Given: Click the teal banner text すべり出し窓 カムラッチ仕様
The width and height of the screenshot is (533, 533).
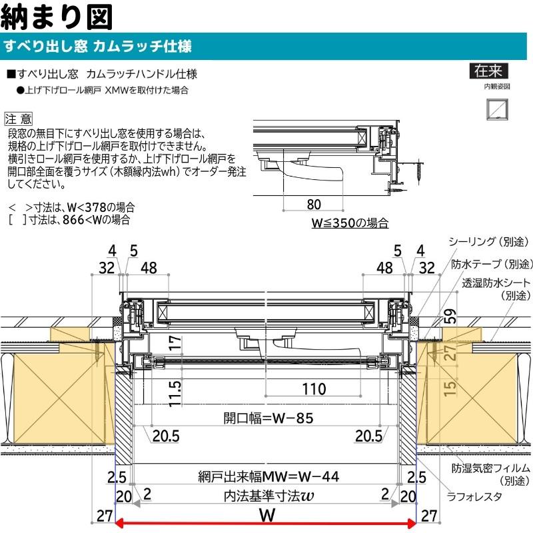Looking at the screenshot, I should (x=98, y=47).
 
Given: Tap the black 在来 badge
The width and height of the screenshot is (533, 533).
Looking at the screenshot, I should (x=488, y=71).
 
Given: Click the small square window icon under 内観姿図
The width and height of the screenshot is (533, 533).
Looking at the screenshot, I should (x=496, y=107).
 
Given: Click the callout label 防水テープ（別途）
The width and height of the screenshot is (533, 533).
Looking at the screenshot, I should (x=492, y=264).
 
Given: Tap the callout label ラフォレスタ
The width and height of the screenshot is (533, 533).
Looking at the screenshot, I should (x=475, y=496).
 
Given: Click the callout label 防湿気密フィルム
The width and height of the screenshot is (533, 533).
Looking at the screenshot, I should (x=492, y=468).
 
